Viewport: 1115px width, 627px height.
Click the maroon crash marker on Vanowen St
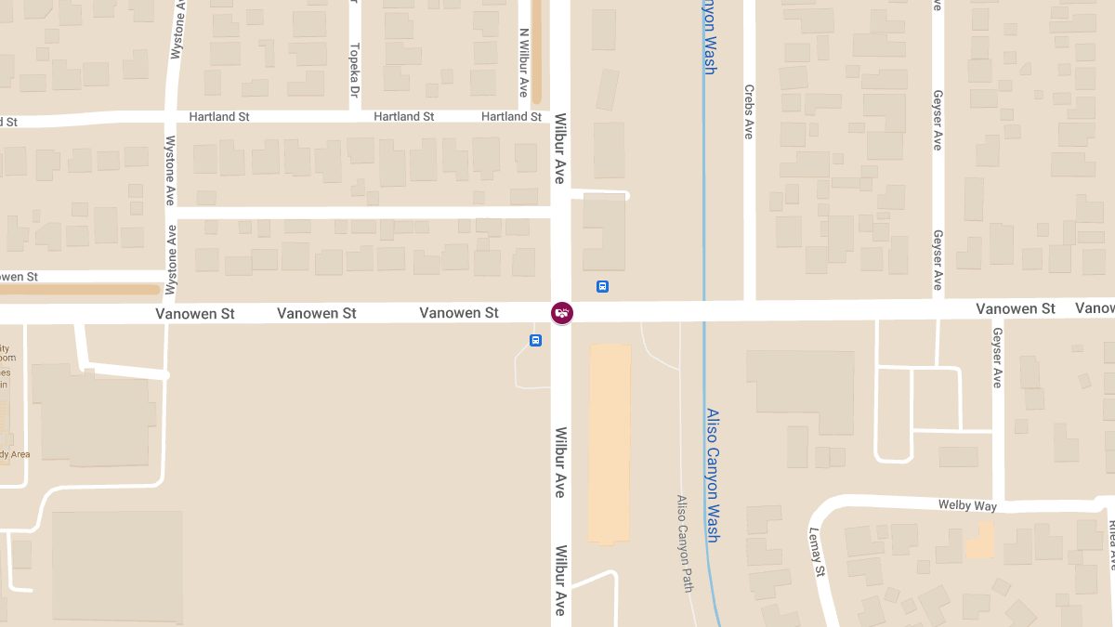coord(562,313)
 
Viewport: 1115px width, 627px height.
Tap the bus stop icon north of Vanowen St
coord(602,286)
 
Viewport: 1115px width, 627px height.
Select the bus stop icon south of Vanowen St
coord(535,341)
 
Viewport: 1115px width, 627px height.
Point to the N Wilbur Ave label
coord(524,62)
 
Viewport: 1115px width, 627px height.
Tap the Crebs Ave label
coord(749,111)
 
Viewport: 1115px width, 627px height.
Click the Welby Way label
coord(966,505)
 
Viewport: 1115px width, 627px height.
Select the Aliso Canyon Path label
coord(685,542)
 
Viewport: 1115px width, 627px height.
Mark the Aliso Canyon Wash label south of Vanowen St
coord(712,475)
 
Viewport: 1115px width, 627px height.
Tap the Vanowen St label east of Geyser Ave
coord(1016,308)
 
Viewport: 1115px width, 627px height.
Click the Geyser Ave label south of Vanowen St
coord(997,357)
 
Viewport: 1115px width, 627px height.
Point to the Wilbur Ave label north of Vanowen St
coord(560,148)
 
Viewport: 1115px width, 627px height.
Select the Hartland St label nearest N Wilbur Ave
coord(511,117)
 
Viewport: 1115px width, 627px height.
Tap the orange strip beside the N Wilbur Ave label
coord(536,51)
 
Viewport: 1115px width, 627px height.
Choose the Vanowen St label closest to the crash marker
coord(459,313)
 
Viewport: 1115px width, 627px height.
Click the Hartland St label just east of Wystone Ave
coord(219,117)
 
